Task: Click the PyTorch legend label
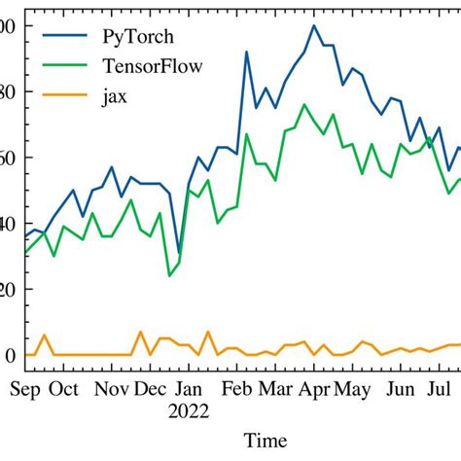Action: (137, 37)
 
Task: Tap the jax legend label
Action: (115, 96)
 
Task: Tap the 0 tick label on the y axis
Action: (10, 356)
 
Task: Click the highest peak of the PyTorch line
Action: (313, 26)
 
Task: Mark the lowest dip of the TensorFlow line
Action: (169, 275)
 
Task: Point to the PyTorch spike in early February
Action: (246, 52)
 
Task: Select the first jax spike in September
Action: (44, 336)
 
